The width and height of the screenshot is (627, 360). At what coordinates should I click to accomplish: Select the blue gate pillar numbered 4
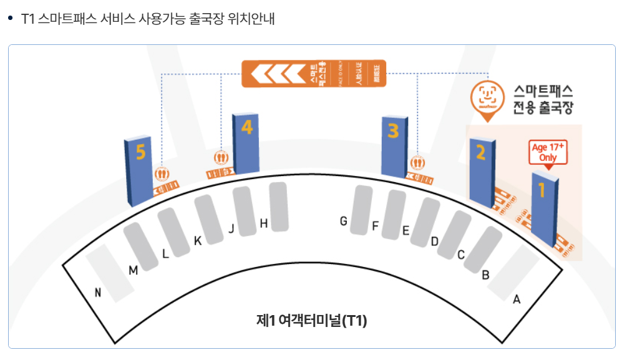[245, 143]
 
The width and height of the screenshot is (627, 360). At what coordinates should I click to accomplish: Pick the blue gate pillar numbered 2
[482, 172]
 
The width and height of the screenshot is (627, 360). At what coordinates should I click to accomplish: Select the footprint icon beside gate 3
[417, 163]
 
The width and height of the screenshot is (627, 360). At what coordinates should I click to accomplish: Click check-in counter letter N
[98, 292]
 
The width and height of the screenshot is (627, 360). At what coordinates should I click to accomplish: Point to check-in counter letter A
[516, 300]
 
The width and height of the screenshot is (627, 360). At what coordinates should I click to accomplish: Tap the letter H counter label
[264, 223]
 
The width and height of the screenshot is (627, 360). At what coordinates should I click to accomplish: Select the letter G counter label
[343, 221]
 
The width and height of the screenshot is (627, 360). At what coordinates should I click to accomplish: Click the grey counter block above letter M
[141, 246]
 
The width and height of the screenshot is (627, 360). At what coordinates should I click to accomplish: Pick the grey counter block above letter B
[482, 250]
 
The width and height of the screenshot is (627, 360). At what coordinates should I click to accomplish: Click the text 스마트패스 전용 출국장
[542, 99]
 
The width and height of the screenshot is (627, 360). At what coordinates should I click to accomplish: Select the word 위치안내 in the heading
[253, 19]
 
